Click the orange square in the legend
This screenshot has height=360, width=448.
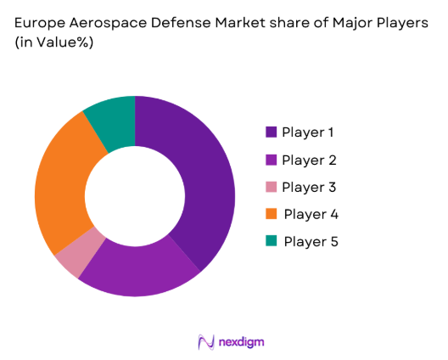coord(272,214)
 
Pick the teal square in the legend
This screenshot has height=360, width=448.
coord(272,241)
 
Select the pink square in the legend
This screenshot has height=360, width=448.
coord(272,187)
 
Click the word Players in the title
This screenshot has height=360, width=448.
coord(404,25)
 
